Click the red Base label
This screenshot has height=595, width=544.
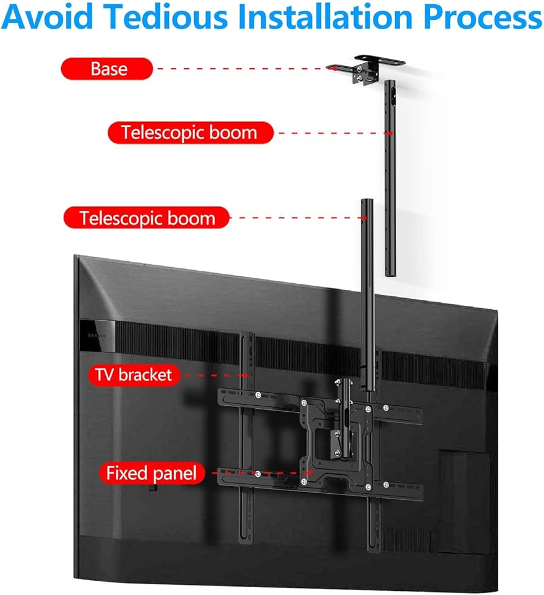(109, 68)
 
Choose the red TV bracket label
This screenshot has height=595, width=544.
(133, 375)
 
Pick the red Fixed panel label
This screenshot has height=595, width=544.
(151, 474)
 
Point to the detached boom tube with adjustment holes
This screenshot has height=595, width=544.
(390, 178)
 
